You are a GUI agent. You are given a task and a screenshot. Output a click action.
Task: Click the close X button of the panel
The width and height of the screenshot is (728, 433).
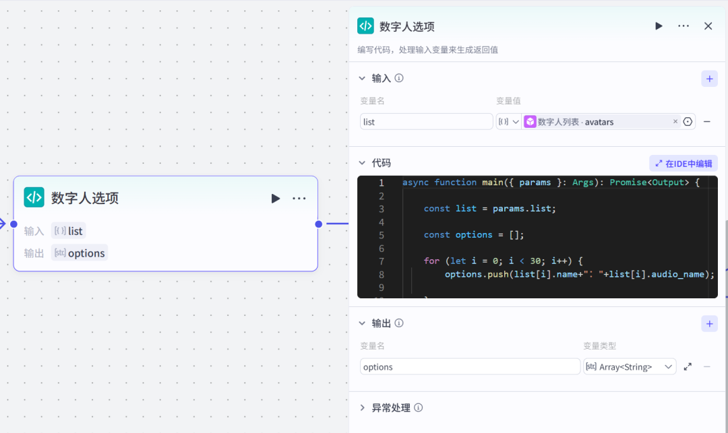[x=708, y=26]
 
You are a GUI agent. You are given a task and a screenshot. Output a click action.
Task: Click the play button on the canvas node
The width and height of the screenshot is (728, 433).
[x=275, y=198]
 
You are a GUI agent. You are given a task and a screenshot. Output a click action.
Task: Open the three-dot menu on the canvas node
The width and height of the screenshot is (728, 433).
[x=299, y=198]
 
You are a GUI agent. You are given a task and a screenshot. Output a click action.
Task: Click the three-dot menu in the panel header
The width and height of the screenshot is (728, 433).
[x=684, y=26]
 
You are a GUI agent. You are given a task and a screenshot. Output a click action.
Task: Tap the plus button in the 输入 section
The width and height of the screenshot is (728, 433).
[x=709, y=79]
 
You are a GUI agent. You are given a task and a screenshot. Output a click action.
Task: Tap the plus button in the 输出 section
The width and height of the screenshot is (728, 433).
[x=709, y=324]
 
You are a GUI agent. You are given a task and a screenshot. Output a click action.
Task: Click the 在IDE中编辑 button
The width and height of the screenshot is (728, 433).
[x=684, y=164]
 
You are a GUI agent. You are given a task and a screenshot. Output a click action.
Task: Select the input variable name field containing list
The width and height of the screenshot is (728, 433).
[x=426, y=122]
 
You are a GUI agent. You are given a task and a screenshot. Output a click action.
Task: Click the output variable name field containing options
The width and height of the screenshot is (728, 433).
[x=470, y=367]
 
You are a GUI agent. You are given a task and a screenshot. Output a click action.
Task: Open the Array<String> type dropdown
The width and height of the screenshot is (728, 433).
[x=630, y=367]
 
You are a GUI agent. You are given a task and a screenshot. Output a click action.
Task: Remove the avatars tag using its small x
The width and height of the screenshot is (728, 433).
[x=675, y=122]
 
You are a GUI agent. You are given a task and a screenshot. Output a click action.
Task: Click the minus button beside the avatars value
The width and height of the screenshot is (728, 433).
[x=707, y=122]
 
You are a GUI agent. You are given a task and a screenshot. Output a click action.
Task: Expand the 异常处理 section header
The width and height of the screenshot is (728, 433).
[x=391, y=408]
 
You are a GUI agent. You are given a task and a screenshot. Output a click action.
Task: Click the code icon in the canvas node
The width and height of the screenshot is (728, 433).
[x=34, y=197]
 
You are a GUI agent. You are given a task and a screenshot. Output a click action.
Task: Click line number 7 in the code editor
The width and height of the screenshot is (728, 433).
[x=382, y=261]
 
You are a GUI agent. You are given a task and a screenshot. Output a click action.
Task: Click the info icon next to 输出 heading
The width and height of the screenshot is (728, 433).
[x=399, y=324]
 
